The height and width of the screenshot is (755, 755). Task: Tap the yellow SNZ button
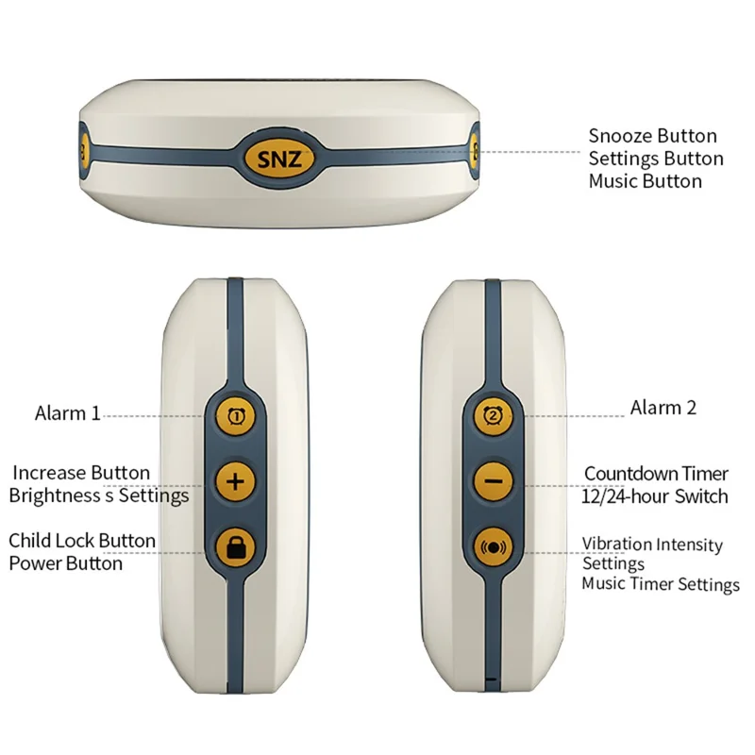[279, 159]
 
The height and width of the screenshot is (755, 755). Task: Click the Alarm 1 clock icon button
[235, 415]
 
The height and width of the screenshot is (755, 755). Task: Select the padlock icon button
[235, 547]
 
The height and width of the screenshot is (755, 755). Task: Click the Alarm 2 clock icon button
[493, 415]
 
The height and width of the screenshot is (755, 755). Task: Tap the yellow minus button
[493, 481]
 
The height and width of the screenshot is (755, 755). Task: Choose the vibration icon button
[493, 547]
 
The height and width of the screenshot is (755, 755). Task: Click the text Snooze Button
[652, 136]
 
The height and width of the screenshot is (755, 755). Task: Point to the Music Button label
[646, 181]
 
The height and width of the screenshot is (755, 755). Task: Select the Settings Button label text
[656, 159]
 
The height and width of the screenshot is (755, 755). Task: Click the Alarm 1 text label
[67, 413]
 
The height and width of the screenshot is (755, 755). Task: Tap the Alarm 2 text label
[663, 408]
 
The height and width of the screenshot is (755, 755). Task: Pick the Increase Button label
[81, 473]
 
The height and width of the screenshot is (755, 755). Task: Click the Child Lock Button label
[82, 540]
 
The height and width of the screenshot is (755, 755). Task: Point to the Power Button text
[65, 562]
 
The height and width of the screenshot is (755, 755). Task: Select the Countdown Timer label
[656, 474]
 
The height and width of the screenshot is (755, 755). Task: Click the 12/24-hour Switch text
[654, 496]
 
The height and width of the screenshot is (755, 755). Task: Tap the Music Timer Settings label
[661, 583]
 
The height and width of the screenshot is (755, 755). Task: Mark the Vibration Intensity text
[652, 545]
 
